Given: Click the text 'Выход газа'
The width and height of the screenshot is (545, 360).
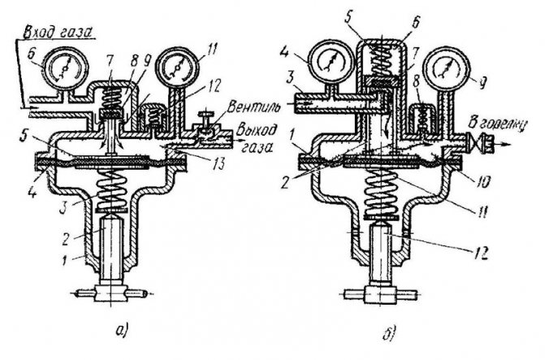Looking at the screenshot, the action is [257, 140].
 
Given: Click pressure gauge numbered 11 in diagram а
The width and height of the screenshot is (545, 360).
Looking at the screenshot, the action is [178, 65].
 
